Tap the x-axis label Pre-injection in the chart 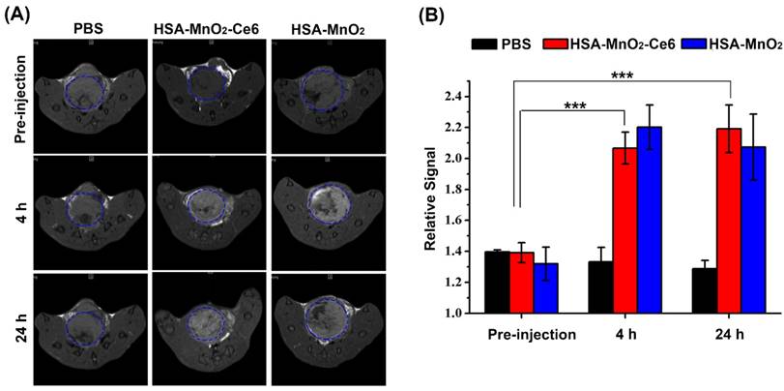pos(523,335)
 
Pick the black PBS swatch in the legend pos(483,43)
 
